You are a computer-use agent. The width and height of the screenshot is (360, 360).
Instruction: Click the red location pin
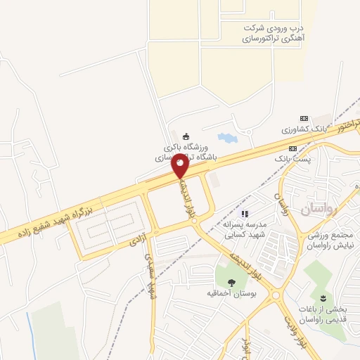(x=180, y=165)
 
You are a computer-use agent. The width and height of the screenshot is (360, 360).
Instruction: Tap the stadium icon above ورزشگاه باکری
(x=186, y=136)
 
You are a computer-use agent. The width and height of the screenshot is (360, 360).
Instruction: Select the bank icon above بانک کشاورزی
(x=304, y=118)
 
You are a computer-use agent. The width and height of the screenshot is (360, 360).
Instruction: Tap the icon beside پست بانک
(x=292, y=148)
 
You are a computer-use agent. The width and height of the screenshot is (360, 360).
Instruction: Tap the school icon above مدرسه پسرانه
(x=245, y=214)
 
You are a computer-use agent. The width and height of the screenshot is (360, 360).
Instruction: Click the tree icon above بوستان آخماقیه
(x=231, y=281)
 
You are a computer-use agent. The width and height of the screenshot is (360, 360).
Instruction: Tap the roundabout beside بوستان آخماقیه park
(x=276, y=295)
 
